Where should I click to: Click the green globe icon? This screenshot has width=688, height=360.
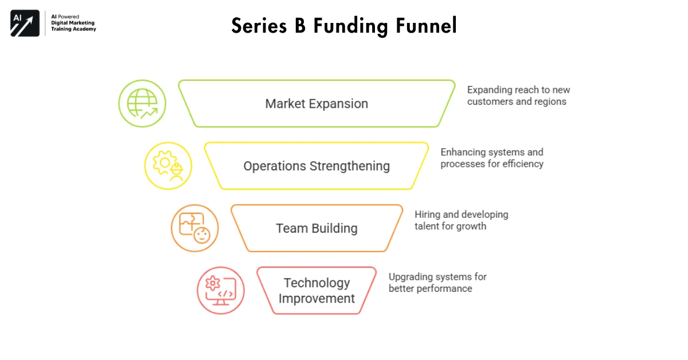[x=142, y=104]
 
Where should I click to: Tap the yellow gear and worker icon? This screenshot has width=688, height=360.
[x=168, y=166]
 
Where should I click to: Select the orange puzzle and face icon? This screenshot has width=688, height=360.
[x=195, y=228]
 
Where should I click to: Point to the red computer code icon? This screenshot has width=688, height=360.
[x=221, y=290]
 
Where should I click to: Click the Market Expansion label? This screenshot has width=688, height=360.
[x=316, y=104]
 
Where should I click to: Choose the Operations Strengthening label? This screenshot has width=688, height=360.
[x=316, y=166]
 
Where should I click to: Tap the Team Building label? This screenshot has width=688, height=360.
[x=316, y=228]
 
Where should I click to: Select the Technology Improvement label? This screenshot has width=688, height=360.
[x=316, y=291]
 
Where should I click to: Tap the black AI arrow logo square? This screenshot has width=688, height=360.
[x=25, y=23]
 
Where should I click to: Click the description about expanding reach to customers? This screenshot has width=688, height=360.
[x=518, y=96]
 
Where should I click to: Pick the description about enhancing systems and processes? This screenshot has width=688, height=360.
[x=492, y=158]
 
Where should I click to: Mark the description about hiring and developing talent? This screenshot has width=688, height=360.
[x=461, y=220]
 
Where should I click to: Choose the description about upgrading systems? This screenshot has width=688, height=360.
[x=437, y=283]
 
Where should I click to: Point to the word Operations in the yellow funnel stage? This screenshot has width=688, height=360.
[x=274, y=166]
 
